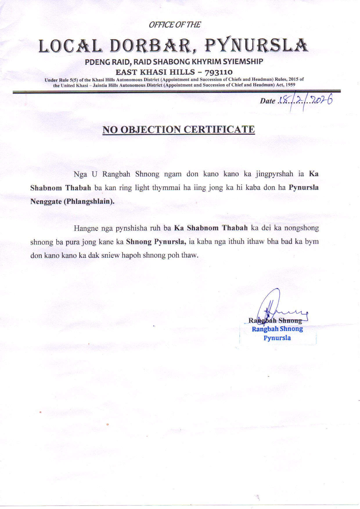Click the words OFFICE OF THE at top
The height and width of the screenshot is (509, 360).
coord(174,25)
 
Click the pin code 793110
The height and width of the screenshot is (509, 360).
coord(219,72)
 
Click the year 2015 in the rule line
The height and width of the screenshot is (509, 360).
coord(294,79)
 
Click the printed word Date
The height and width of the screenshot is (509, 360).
coord(267,101)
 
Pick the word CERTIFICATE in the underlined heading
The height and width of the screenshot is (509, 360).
coord(219,130)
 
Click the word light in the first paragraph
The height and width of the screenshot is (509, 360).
coord(142,188)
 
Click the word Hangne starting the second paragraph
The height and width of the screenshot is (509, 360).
coord(86,228)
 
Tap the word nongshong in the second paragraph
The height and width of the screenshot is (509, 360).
coord(301,228)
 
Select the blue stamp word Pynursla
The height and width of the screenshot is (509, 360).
coord(277,338)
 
